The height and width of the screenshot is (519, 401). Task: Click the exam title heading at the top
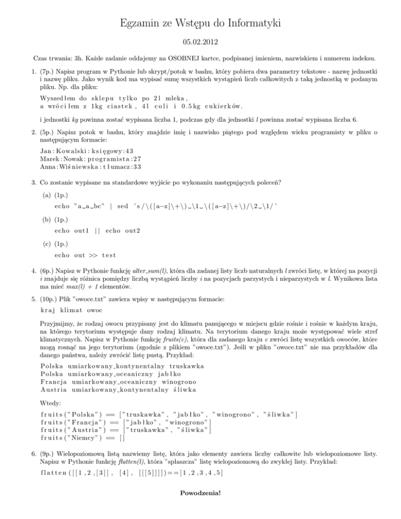[x=200, y=23]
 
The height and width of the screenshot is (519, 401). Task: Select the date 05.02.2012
[x=200, y=41]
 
